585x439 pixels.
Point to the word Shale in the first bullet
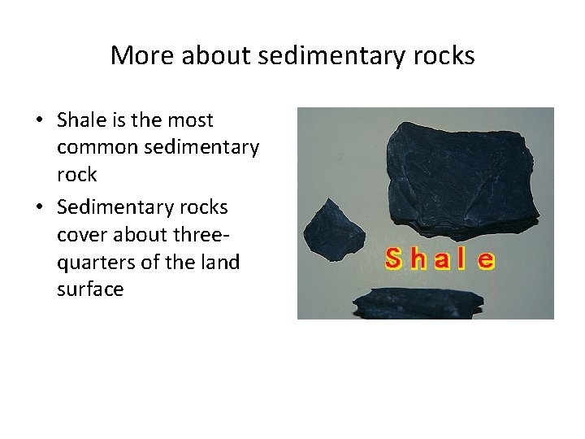(80, 120)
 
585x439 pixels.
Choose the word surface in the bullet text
(90, 289)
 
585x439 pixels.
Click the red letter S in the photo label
(395, 260)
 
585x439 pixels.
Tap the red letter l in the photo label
(464, 259)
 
